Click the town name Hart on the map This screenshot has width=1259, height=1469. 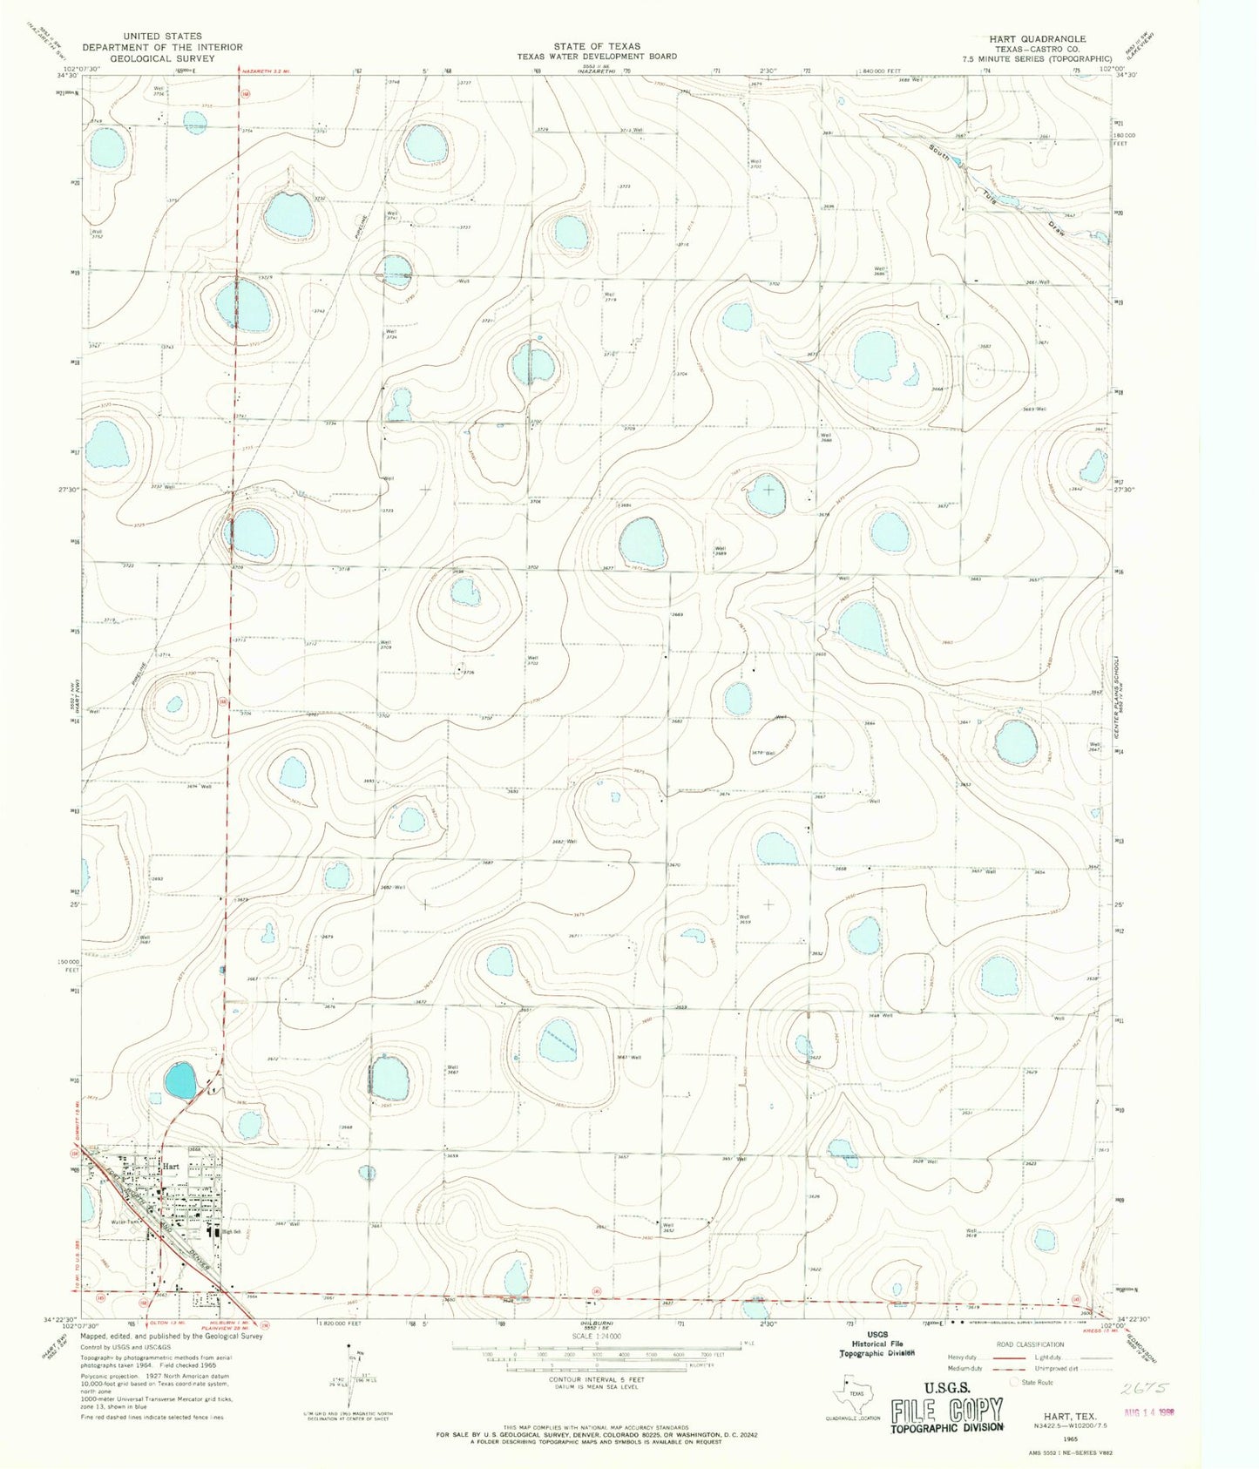tap(170, 1166)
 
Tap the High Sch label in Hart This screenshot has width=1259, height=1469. tap(231, 1232)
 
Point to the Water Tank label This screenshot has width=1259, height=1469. tap(124, 1222)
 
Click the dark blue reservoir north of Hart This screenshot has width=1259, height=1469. tap(180, 1081)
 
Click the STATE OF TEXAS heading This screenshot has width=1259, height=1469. tap(597, 45)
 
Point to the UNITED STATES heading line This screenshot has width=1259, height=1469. tap(163, 37)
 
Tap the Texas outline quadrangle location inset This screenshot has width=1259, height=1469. tap(852, 1394)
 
